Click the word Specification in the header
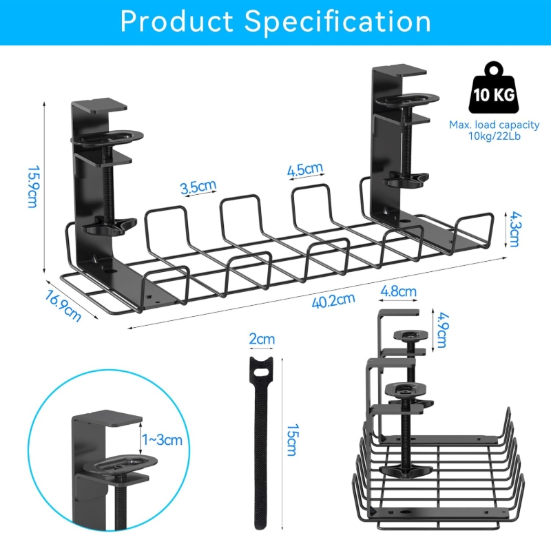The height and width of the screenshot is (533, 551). point(337,21)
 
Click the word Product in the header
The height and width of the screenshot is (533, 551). point(177,21)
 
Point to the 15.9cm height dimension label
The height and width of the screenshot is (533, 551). point(32,187)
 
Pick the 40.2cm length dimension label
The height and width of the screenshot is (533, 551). point(333,301)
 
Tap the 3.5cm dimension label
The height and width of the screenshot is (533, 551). point(198,187)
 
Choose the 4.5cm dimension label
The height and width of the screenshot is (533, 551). point(305,169)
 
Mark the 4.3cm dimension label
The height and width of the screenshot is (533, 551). point(514,229)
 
